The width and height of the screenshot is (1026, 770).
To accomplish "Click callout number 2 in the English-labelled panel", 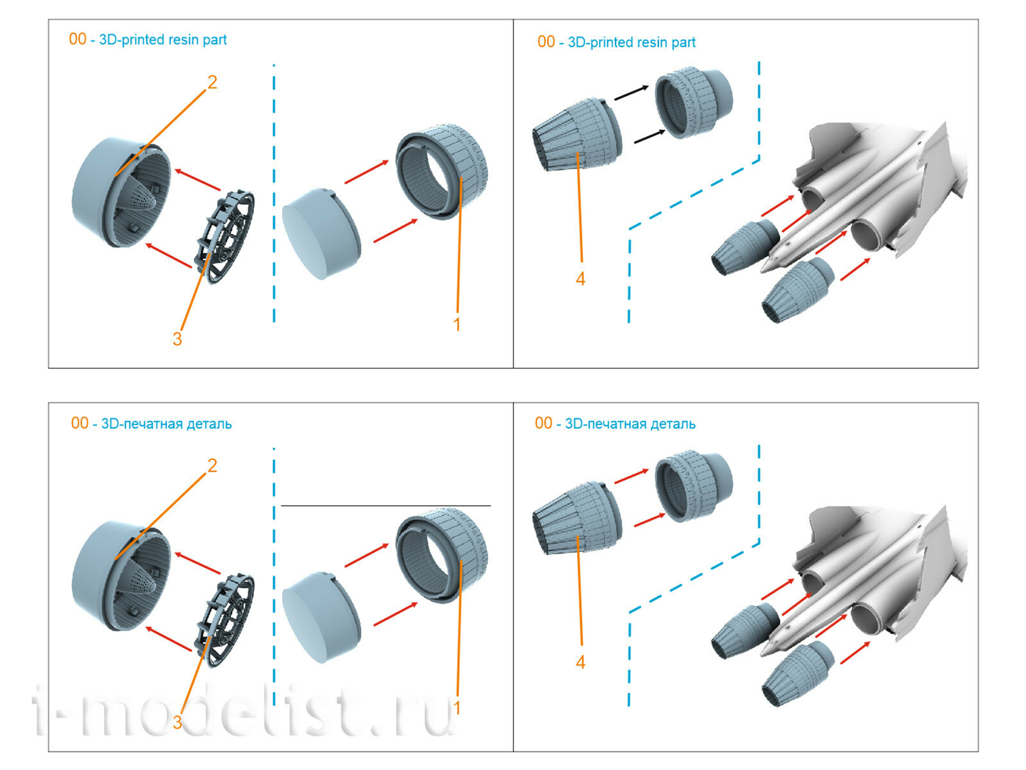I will (212, 82).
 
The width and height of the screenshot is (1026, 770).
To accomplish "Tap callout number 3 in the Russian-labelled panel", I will (177, 722).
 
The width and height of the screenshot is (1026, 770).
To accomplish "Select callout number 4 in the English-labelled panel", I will (580, 279).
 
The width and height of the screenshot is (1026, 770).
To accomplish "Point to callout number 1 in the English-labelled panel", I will (457, 325).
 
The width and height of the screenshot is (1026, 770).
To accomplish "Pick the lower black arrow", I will (649, 136).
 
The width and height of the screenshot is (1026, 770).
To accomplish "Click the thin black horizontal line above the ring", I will (385, 506).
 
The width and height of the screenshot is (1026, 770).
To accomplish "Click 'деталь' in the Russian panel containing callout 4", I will (673, 424).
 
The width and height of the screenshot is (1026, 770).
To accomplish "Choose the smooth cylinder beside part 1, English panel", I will (321, 234).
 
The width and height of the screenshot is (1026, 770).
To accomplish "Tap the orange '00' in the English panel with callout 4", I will (546, 42).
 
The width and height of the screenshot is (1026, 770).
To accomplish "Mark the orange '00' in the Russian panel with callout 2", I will (80, 424).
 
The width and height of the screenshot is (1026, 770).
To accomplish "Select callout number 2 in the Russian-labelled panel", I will (212, 465).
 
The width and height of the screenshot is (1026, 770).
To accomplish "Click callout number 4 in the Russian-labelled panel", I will (580, 662).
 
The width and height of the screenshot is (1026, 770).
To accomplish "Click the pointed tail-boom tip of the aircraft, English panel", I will (766, 269).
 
